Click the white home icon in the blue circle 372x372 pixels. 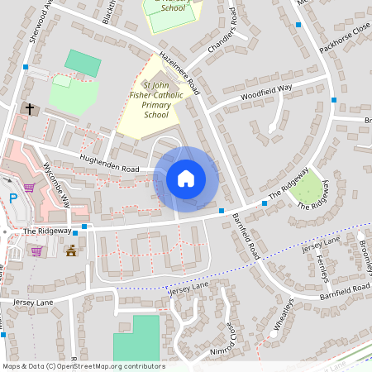[x=186, y=178]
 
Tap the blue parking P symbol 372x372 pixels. [x=12, y=198]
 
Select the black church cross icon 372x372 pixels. [x=30, y=108]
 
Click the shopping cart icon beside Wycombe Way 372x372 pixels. [x=29, y=188]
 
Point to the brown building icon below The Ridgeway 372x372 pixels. [x=71, y=250]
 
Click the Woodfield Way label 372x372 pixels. [x=266, y=92]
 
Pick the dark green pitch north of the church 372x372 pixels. [x=81, y=63]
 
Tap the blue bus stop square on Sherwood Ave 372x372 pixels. [x=26, y=67]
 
